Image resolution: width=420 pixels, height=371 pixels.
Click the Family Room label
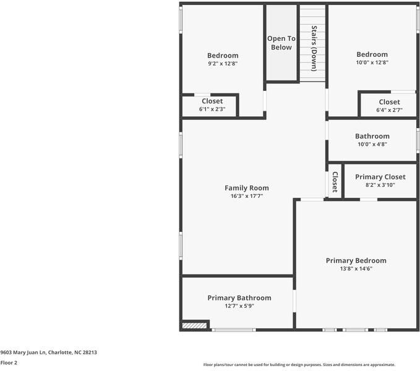point(247,188)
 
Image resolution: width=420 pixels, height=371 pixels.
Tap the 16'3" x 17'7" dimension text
point(247,196)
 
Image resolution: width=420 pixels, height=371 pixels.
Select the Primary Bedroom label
point(356,260)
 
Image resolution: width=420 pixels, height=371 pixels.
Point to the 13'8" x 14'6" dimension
point(356,268)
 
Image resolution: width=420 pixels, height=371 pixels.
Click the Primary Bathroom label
point(239,298)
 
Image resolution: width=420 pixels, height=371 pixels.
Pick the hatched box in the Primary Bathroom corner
point(194,325)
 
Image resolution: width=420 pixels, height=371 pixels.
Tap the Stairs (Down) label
point(314,48)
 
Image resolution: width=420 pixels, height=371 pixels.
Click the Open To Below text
point(281,43)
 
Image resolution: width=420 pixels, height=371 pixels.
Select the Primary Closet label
point(380,177)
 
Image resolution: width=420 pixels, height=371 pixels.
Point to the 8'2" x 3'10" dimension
point(380,185)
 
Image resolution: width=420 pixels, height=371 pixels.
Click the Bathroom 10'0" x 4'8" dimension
point(372,144)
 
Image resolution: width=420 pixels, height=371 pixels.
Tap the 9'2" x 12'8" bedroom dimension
point(223,64)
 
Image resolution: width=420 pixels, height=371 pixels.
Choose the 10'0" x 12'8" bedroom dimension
point(372,62)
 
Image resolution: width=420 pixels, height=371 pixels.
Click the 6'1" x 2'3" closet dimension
point(212,109)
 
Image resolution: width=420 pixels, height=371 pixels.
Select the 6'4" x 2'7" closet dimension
point(389,110)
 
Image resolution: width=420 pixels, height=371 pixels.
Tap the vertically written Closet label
point(335,182)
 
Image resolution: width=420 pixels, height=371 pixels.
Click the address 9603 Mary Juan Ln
point(23,352)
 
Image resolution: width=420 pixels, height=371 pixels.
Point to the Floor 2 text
point(9,363)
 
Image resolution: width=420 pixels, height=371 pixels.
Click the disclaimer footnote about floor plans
point(299,365)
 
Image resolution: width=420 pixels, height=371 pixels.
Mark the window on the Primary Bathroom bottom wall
point(234,330)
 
